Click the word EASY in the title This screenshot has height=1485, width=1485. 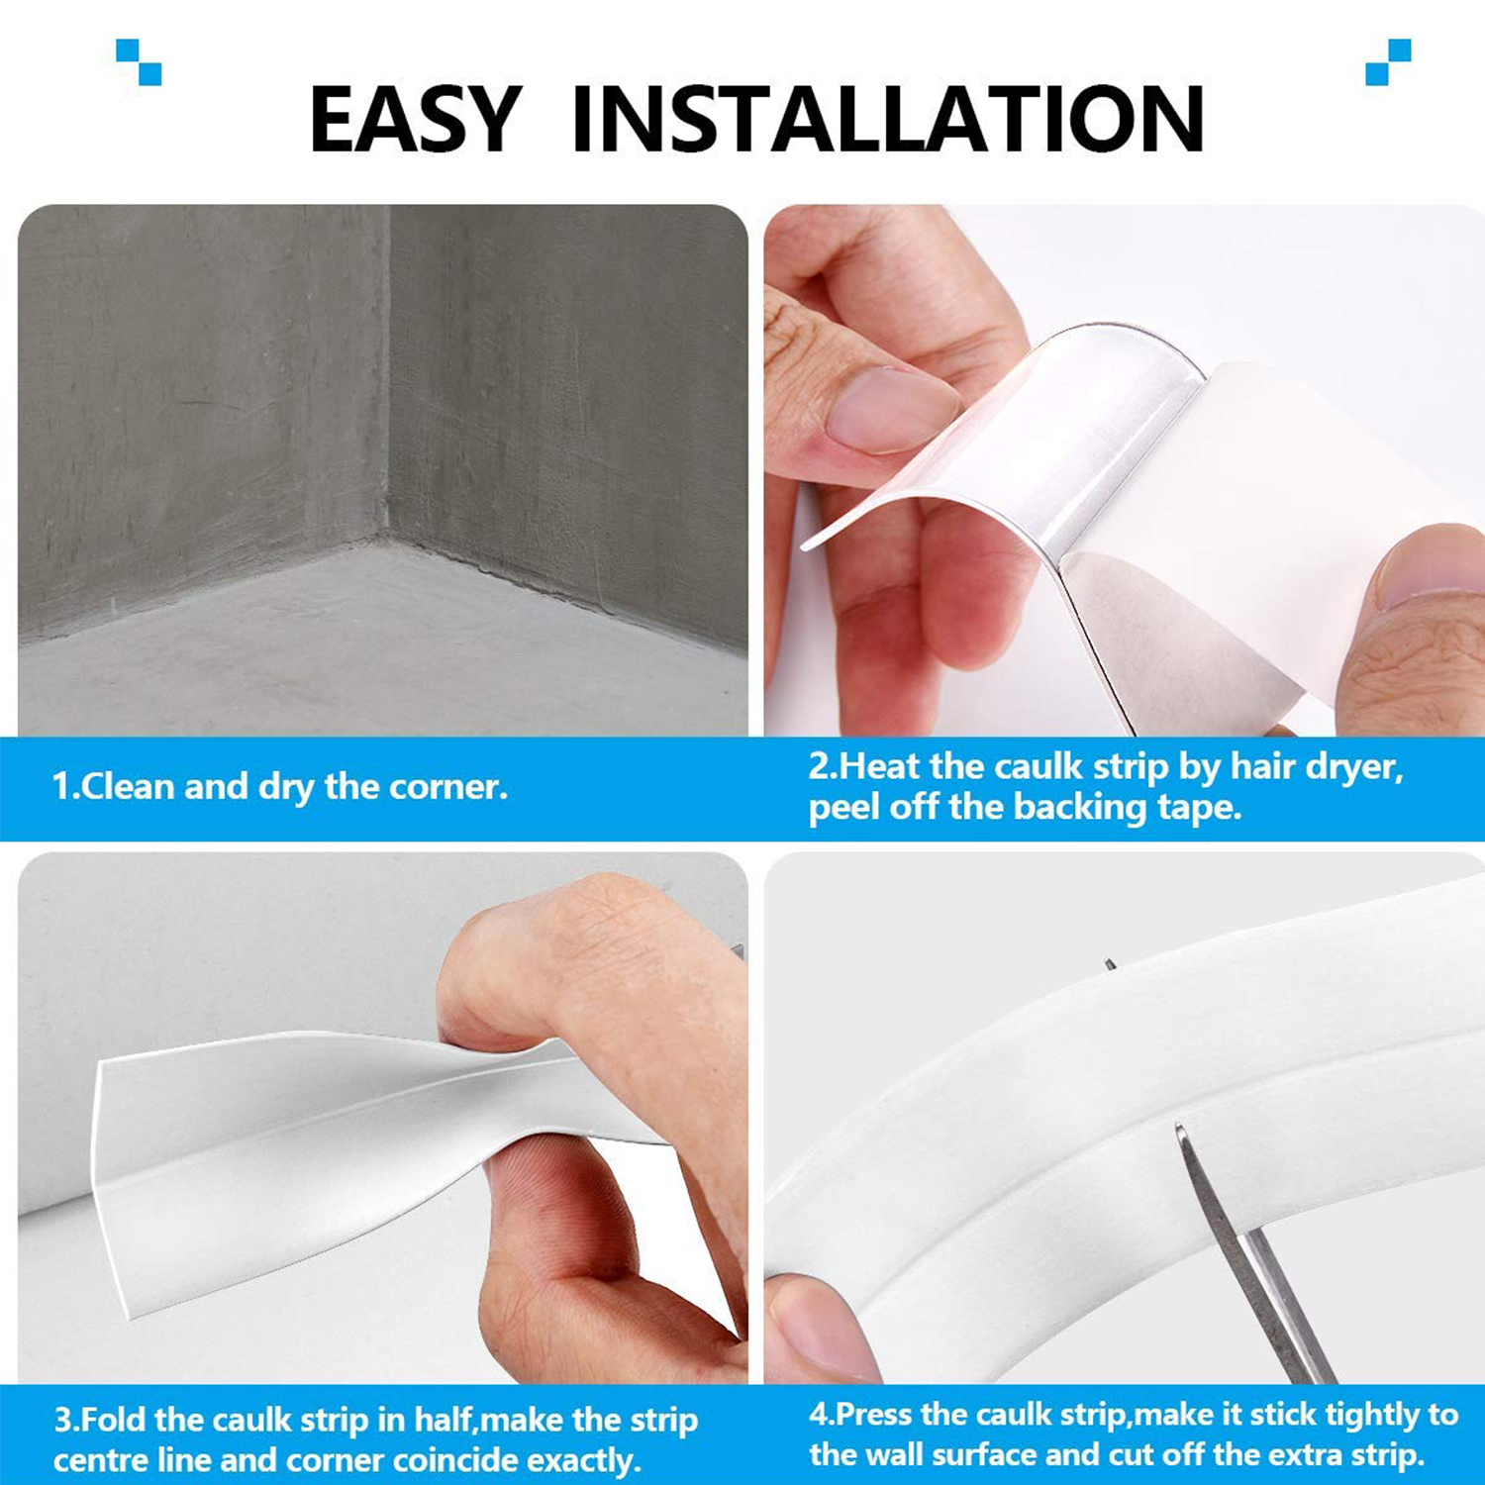click(x=415, y=120)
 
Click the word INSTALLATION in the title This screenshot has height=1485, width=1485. click(x=887, y=120)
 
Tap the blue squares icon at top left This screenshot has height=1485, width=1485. click(x=139, y=61)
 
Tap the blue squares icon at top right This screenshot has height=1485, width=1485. click(x=1388, y=61)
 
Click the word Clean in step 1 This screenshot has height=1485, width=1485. click(x=129, y=787)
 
